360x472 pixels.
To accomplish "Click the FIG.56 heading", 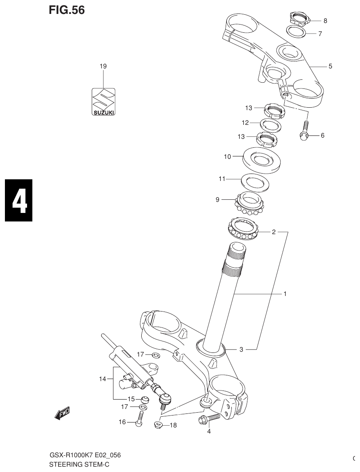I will click(67, 11).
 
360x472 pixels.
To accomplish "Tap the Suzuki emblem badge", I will click(103, 102).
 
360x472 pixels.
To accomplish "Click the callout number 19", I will click(103, 66).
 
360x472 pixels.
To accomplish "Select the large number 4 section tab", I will click(18, 200).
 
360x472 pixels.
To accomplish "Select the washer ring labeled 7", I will click(297, 32).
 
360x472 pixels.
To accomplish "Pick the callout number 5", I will click(330, 66).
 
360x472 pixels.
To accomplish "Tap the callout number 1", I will click(285, 294).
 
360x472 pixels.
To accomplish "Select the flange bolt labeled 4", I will click(209, 419).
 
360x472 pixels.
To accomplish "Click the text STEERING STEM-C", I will click(79, 464).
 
